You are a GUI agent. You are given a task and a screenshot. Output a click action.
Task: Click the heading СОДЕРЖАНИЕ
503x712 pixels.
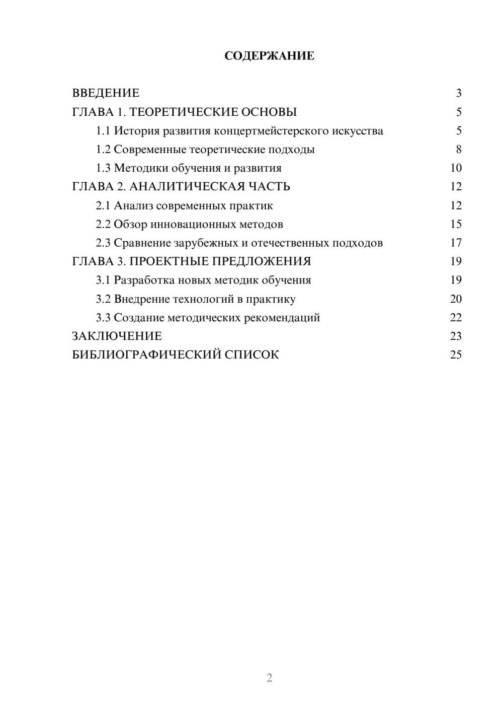click(269, 56)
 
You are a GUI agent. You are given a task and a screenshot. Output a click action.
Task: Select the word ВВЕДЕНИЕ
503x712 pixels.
click(106, 93)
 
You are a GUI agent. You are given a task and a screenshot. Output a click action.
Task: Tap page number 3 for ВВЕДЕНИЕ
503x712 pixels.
click(458, 93)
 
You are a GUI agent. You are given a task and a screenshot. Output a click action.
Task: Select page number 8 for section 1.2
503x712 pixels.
click(458, 150)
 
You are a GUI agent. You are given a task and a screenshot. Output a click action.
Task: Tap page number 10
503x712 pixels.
click(456, 168)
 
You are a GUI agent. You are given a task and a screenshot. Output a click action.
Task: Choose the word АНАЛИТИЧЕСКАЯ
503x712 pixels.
click(186, 187)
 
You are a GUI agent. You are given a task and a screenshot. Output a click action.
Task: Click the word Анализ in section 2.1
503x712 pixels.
click(133, 205)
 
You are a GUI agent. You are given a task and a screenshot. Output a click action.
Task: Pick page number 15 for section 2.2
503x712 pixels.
click(456, 224)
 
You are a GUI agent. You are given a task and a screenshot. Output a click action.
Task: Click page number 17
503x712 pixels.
click(456, 243)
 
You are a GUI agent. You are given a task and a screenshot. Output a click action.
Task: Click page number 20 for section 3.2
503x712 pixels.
click(456, 299)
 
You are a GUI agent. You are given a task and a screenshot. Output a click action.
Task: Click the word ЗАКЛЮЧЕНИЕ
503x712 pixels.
click(117, 336)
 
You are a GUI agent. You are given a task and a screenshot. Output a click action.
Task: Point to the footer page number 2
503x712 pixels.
click(269, 678)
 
